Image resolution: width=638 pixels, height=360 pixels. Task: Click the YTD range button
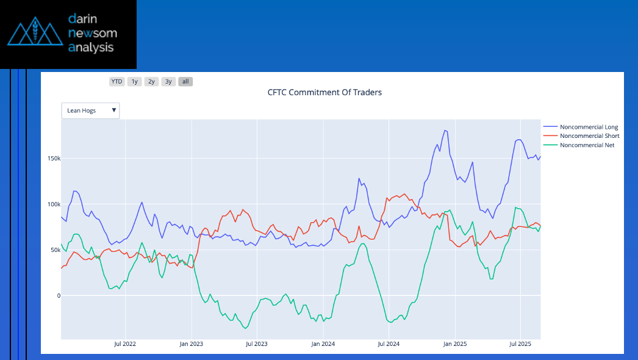pos(116,81)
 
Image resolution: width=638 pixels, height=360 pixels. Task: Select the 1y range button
pos(135,81)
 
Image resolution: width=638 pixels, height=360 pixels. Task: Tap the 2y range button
pos(152,81)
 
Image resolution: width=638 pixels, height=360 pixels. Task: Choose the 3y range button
pos(169,81)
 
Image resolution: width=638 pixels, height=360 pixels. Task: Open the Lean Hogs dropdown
pos(90,110)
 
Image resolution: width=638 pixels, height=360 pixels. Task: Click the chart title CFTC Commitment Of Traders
pos(324,93)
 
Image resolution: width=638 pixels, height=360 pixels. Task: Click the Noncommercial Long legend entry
pos(589,127)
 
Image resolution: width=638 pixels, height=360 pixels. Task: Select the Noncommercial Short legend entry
pos(589,136)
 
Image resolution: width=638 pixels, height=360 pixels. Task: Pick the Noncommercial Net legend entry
pos(587,145)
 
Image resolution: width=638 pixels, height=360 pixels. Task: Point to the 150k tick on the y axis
pos(53,159)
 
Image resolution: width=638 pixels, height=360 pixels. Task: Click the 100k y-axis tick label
pos(53,204)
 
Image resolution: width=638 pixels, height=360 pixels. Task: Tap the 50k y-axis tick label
pos(54,250)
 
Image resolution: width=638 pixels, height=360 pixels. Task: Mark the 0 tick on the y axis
pos(59,296)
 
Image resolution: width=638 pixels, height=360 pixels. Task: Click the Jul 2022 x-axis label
pos(125,344)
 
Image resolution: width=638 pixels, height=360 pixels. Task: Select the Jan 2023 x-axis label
pos(191,344)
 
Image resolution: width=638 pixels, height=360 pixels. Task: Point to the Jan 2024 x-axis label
pos(323,344)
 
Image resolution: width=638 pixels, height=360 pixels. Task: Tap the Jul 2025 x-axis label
pos(520,344)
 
